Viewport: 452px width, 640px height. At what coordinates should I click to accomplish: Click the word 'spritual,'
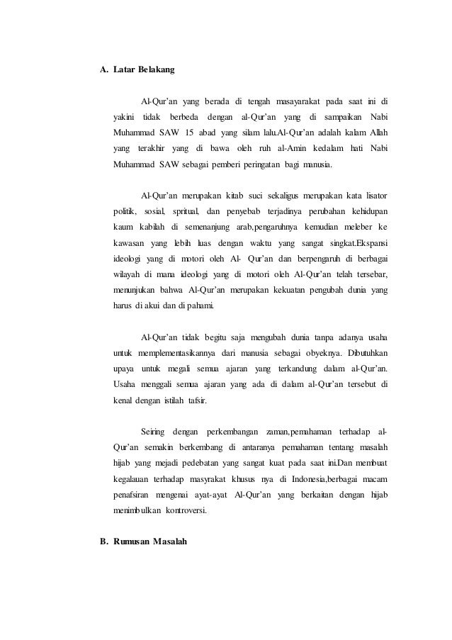[x=185, y=211]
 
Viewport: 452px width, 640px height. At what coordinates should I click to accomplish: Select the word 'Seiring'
[x=156, y=431]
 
